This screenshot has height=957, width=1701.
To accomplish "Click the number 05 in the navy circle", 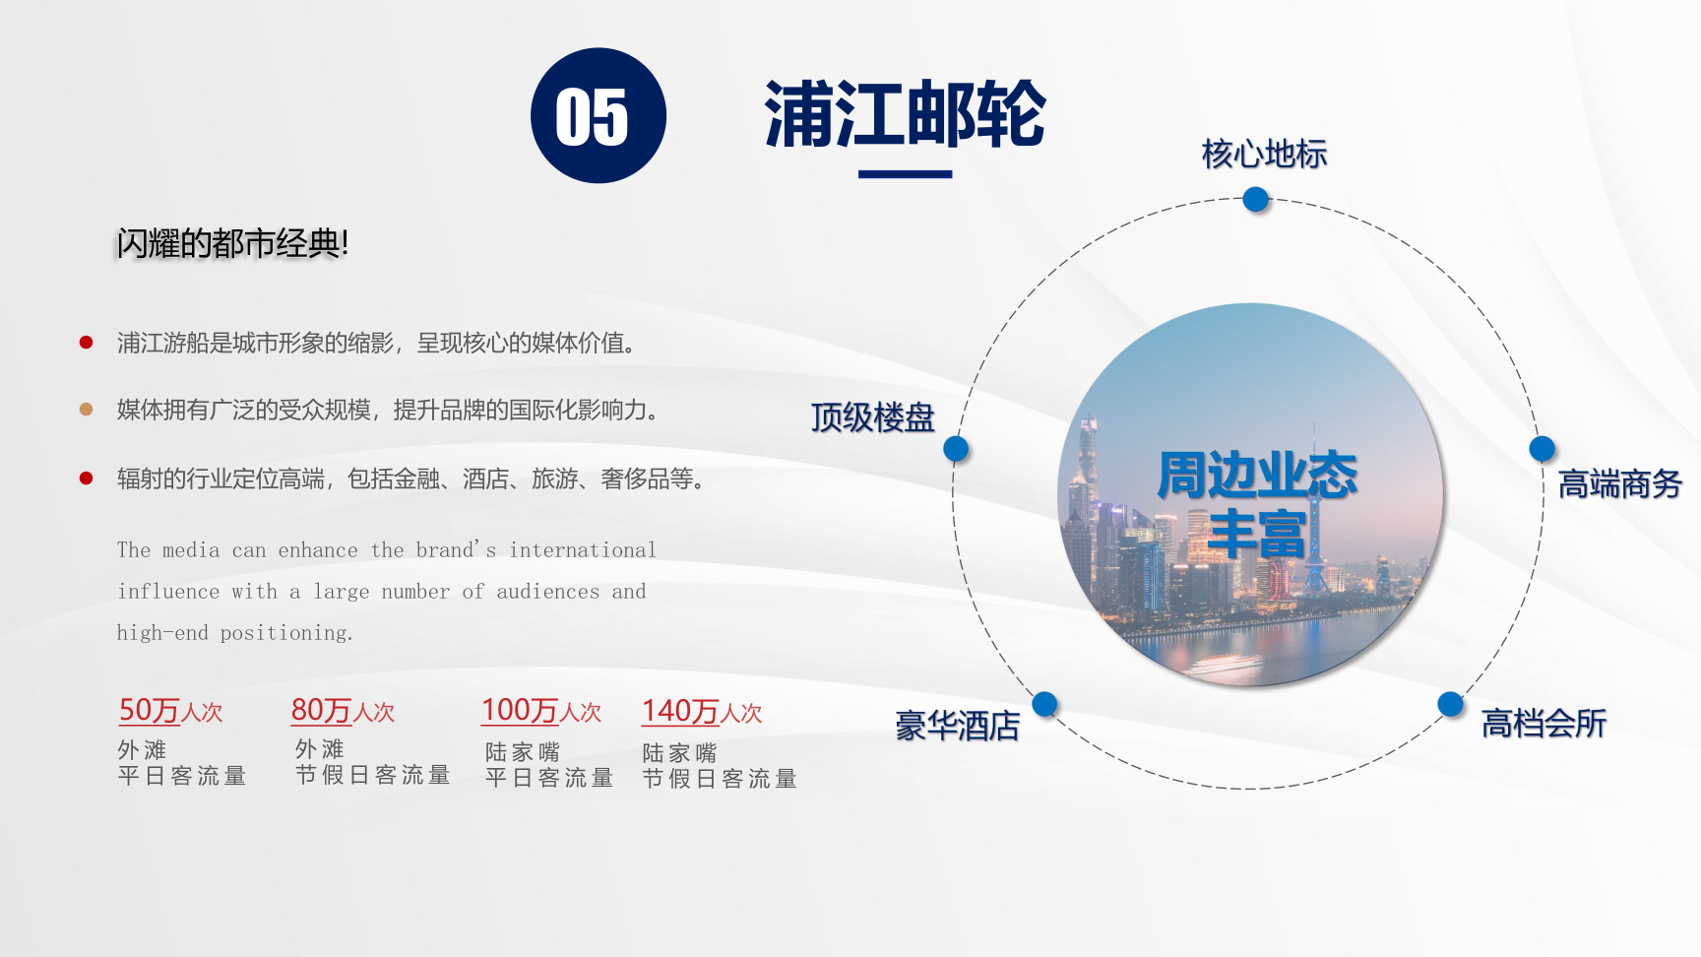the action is point(592,117).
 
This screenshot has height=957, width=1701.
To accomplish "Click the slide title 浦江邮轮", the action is point(905,114).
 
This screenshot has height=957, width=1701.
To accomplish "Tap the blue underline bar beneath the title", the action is point(905,174).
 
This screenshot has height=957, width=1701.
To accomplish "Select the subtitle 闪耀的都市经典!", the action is point(232,243).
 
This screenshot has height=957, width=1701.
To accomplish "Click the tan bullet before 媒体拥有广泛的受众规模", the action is point(86,410).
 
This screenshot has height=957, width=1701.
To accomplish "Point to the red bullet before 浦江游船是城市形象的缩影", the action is point(86,343).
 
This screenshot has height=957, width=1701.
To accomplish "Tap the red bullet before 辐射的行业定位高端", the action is point(86,478).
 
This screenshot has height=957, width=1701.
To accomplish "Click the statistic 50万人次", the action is point(170,711).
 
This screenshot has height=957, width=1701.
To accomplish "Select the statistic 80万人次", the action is point(343,711).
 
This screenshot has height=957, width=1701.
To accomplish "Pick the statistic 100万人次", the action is point(541,711).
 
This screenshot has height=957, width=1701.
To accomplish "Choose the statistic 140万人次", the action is point(702,712).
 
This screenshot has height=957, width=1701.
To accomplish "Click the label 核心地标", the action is point(1265,155).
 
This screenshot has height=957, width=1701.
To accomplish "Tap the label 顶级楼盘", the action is point(873,417).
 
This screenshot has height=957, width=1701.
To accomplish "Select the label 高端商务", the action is point(1620,484).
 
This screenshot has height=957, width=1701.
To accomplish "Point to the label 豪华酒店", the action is point(958,727).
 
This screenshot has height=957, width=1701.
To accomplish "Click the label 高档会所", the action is point(1543,724).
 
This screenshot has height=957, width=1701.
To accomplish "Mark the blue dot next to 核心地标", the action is point(1256,199).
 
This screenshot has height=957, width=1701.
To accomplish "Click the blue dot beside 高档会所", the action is point(1450,704).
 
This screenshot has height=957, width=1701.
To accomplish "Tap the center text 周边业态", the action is point(1257,476).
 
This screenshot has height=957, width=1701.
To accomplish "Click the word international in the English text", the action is point(583,550).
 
